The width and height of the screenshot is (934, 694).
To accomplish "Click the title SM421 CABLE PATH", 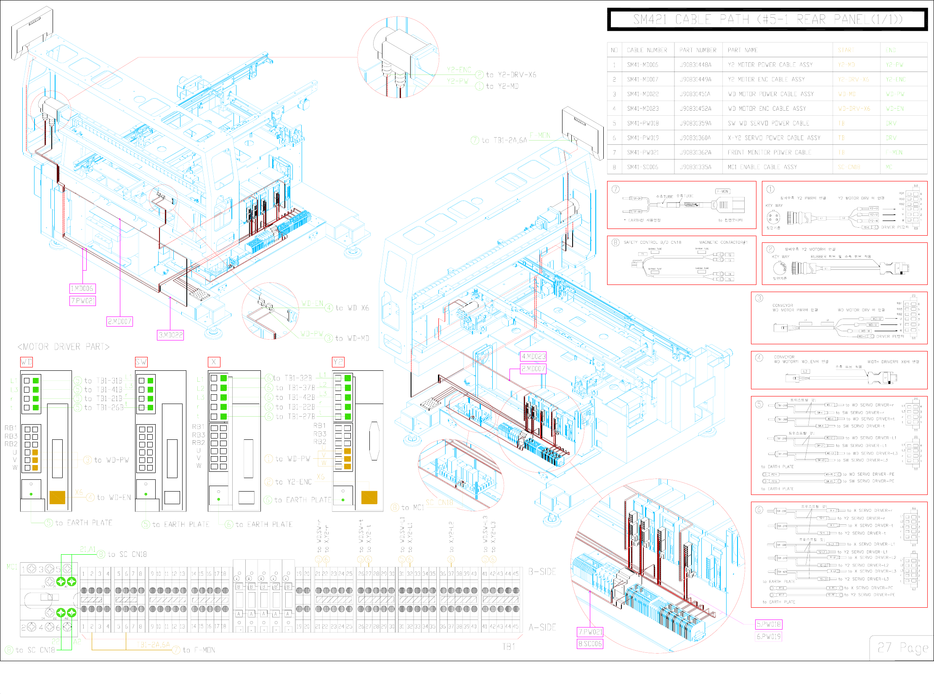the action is [767, 19].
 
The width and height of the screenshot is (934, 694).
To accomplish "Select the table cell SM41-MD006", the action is [642, 65].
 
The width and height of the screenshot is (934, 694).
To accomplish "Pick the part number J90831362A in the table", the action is [695, 152].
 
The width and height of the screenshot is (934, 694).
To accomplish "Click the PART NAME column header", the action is [743, 50].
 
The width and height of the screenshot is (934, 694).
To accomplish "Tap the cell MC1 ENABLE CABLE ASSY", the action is [762, 167].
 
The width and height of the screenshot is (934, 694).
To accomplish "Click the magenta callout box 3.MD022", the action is [170, 335].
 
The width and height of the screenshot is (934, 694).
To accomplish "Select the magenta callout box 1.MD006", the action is [82, 288].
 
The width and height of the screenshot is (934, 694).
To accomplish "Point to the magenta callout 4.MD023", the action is [533, 356].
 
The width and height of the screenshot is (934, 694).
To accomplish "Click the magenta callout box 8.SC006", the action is [590, 643].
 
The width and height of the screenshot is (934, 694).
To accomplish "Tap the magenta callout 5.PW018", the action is [769, 624].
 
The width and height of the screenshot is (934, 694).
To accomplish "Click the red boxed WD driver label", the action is [27, 362].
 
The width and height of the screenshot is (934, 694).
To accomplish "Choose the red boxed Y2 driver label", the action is [338, 362].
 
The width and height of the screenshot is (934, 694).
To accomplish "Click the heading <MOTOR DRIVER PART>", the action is [63, 347].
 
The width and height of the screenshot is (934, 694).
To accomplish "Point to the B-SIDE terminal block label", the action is [542, 572].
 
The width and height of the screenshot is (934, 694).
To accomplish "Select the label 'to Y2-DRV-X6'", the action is [511, 75].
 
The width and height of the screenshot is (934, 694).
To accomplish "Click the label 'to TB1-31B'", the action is [103, 380].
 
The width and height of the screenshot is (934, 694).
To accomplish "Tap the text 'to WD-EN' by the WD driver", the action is [114, 497].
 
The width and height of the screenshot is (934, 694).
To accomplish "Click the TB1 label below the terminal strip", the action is [509, 646].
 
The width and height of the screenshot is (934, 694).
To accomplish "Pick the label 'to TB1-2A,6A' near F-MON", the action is [504, 141].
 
